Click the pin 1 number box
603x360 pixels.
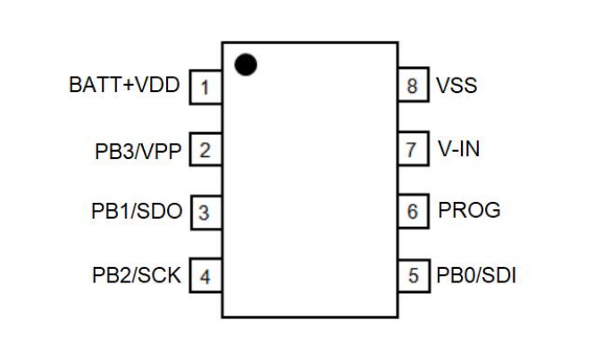tap(205, 88)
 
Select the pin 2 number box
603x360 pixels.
tap(205, 150)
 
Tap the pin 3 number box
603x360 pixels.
tap(205, 213)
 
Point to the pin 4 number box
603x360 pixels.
tap(205, 276)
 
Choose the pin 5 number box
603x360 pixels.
tap(413, 275)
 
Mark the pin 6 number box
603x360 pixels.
tap(413, 212)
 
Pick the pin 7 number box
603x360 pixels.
tap(413, 149)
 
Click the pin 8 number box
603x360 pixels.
tap(413, 87)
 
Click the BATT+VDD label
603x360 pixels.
tap(124, 87)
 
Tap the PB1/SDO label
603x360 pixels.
tap(138, 213)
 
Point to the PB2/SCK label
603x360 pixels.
tap(138, 276)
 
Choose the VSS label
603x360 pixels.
tap(456, 87)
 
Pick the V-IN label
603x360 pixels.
tap(458, 149)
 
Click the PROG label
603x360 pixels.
tap(468, 212)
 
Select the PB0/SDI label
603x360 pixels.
tap(475, 275)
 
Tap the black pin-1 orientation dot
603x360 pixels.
tap(246, 65)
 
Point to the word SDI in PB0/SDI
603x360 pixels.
tap(498, 275)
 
